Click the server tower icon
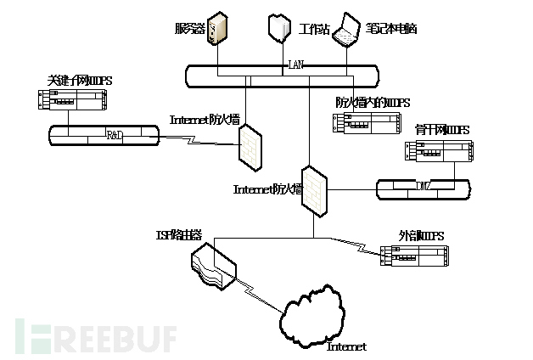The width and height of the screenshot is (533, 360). [x=218, y=28]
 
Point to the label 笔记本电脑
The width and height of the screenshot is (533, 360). [x=392, y=29]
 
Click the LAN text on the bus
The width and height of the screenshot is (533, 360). [x=295, y=64]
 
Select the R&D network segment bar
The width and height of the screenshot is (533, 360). [x=104, y=135]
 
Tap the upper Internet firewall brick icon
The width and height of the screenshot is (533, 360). [x=250, y=144]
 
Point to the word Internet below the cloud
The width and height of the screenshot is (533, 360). [x=346, y=346]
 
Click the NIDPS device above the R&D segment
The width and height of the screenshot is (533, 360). [x=76, y=104]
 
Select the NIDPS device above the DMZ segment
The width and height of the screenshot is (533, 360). [x=438, y=152]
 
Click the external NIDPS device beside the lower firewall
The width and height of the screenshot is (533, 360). [x=412, y=256]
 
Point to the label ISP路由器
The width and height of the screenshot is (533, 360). [x=178, y=233]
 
